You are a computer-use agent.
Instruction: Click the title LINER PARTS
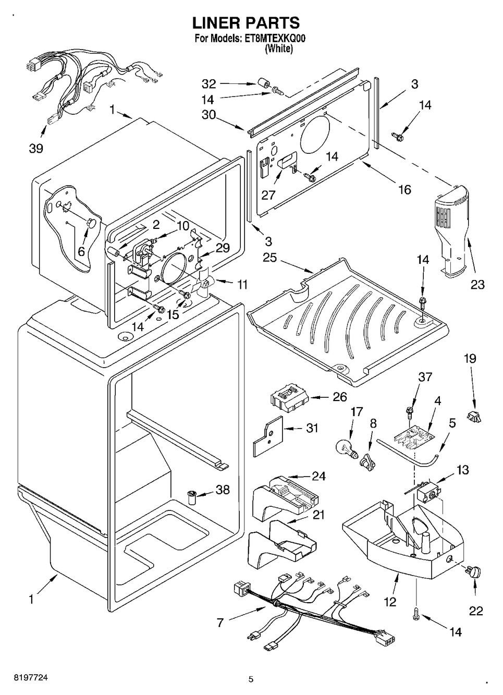(x=246, y=23)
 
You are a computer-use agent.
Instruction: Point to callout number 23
(x=477, y=284)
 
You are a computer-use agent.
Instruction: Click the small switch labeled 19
(x=473, y=416)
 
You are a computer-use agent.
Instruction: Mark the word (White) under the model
(x=279, y=48)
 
